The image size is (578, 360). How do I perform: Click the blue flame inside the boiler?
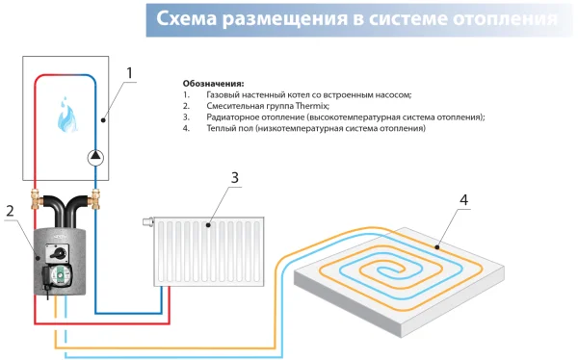[66, 113]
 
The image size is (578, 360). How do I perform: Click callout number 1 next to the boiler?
[132, 72]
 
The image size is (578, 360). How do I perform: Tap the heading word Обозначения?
[213, 83]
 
